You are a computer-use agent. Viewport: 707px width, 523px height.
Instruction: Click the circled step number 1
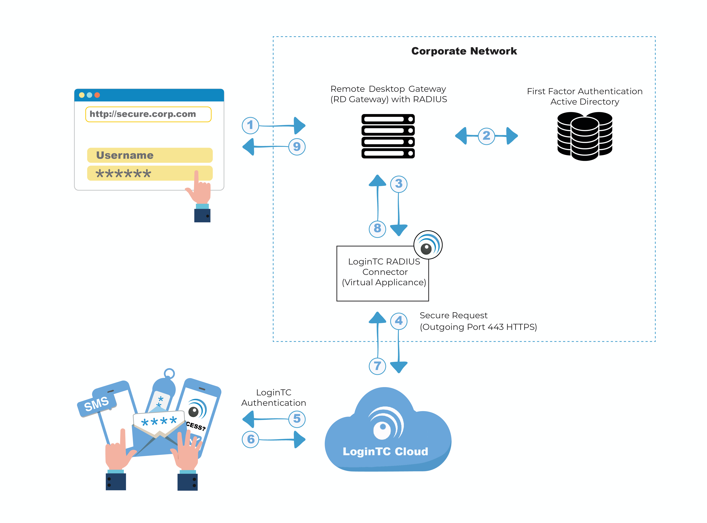pos(250,125)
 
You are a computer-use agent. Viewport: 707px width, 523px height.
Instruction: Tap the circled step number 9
pos(297,147)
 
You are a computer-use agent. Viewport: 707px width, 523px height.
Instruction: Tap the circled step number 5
pos(297,419)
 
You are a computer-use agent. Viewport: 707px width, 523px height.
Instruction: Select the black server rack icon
pos(388,136)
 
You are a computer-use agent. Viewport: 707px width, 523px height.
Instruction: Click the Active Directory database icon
pos(585,136)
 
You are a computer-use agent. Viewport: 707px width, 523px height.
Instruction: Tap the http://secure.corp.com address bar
pos(148,114)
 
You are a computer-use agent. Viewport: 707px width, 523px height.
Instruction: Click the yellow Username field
pos(150,155)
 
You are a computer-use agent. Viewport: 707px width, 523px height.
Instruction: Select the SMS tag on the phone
pos(97,404)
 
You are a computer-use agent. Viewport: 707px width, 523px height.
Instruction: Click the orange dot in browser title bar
pos(97,95)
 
